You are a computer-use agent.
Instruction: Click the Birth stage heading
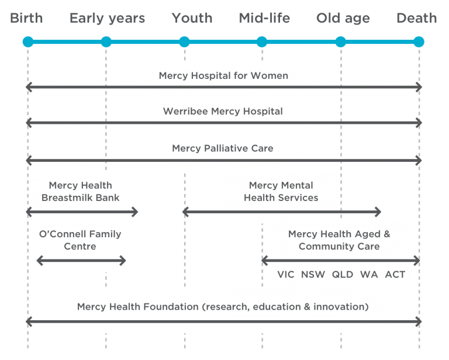coord(26,18)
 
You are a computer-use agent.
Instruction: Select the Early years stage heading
coord(107,18)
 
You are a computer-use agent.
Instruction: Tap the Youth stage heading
coord(192,18)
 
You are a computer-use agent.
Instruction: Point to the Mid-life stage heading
coord(264,18)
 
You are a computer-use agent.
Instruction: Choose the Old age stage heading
coord(343,18)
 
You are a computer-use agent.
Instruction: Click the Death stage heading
coord(416,18)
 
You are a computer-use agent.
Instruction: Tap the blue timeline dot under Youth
coord(184,41)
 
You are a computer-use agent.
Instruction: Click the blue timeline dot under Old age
coord(340,41)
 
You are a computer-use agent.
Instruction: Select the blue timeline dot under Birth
coord(27,41)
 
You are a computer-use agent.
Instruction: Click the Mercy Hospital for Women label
coord(223,75)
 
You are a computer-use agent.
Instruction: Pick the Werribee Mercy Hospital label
coord(223,111)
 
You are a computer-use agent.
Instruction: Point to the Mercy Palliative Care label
coord(222,148)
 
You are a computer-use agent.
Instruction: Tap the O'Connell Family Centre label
coord(80,240)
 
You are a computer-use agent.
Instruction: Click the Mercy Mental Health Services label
coord(281,191)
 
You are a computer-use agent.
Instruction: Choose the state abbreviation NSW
coord(313,274)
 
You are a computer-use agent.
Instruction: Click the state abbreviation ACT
coord(395,274)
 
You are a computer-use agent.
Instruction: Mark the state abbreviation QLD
coord(343,274)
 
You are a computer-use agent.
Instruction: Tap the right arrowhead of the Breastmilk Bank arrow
coord(134,212)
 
